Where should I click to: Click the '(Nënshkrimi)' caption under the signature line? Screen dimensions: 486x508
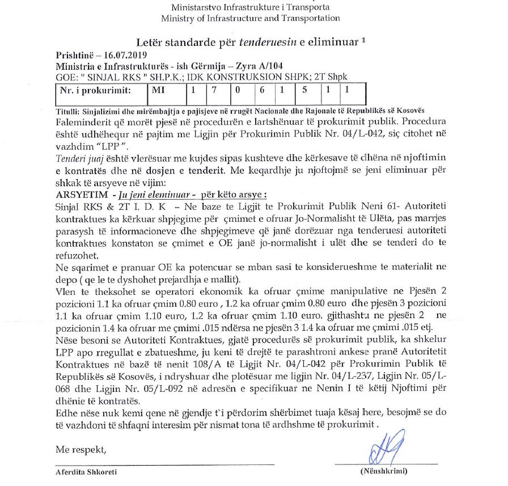[384, 471]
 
